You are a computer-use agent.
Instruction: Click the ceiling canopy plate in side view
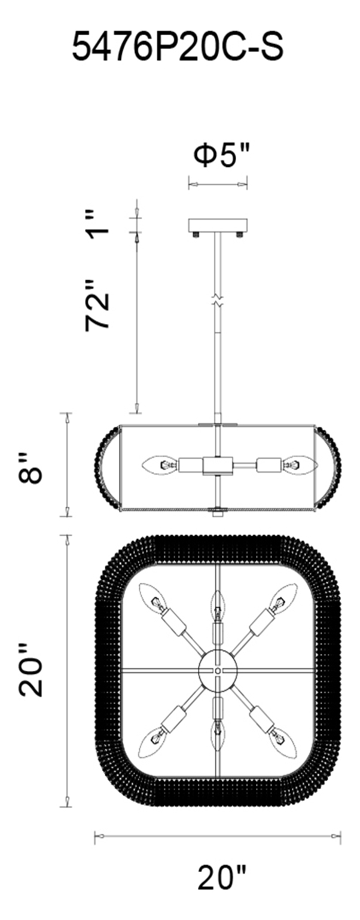(218, 225)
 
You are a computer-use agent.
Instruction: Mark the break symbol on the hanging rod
(218, 300)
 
